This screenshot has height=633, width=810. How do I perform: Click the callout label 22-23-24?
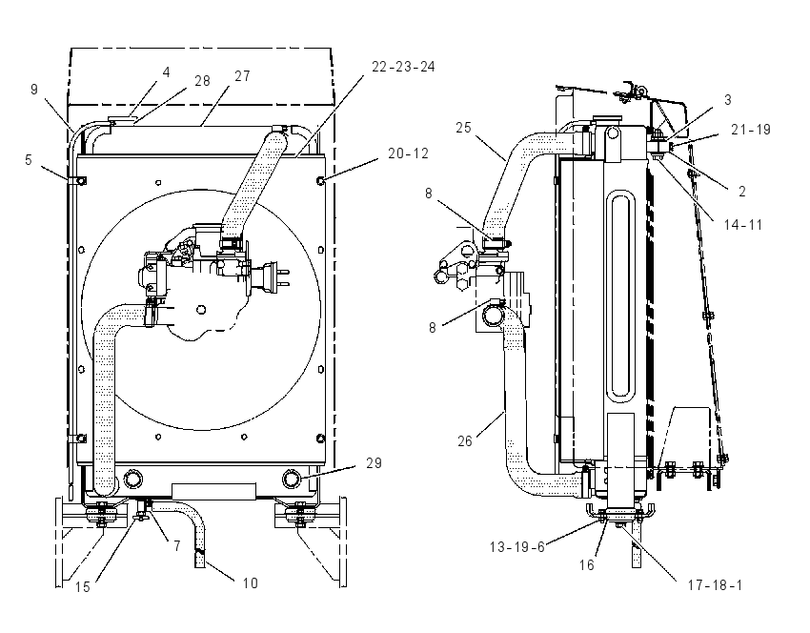click(x=403, y=67)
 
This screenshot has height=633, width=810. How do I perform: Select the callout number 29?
click(x=374, y=463)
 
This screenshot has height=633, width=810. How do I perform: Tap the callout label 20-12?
click(x=408, y=153)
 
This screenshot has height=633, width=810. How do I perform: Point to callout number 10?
click(x=250, y=582)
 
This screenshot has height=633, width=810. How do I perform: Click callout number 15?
click(x=83, y=587)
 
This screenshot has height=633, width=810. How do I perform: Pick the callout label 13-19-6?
click(x=517, y=547)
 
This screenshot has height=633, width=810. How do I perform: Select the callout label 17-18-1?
click(x=715, y=585)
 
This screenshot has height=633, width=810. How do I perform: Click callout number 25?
click(x=463, y=128)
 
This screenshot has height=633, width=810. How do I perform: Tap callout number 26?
click(x=465, y=440)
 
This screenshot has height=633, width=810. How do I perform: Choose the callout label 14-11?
click(x=743, y=225)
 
